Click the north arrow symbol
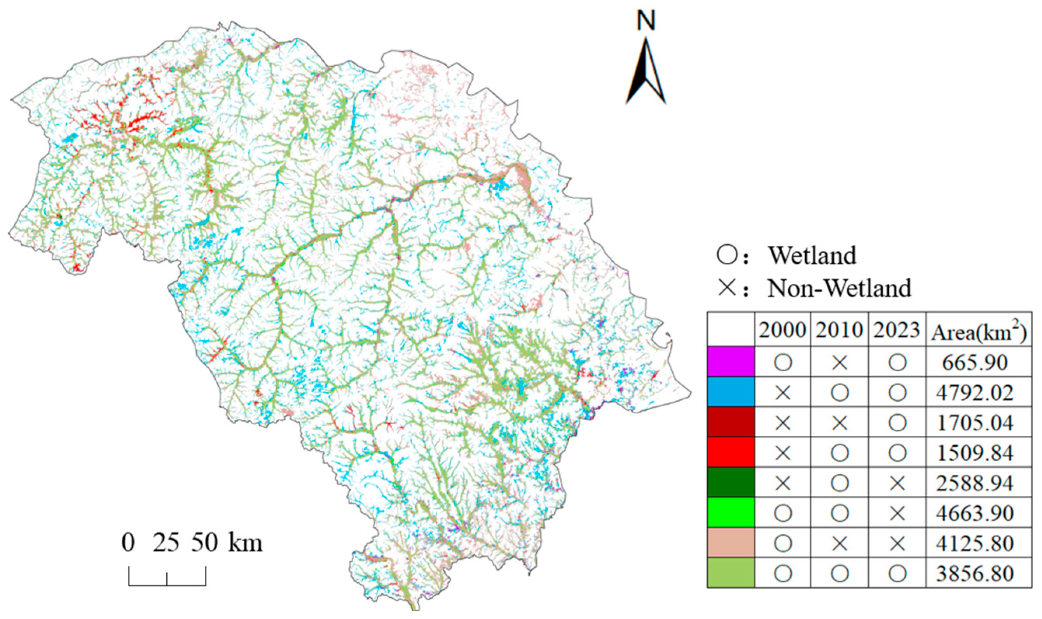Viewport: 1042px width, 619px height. [x=646, y=71]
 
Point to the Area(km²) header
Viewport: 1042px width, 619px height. [x=979, y=332]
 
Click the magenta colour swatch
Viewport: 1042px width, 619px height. [x=731, y=362]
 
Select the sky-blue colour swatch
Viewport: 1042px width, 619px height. [x=731, y=392]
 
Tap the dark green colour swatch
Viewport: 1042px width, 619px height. [x=731, y=483]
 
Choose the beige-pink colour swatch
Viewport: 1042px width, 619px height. [x=731, y=543]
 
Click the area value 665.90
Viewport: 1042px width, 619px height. [x=975, y=362]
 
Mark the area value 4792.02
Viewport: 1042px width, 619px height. [x=975, y=392]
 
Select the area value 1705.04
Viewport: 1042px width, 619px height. [x=975, y=423]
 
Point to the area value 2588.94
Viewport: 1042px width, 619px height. [x=975, y=483]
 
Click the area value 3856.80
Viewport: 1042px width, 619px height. [x=975, y=574]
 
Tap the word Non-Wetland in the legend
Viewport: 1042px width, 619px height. [x=839, y=288]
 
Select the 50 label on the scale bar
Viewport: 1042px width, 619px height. [x=205, y=543]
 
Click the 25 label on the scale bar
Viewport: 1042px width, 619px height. [x=166, y=543]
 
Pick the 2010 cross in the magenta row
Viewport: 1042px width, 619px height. [x=840, y=362]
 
